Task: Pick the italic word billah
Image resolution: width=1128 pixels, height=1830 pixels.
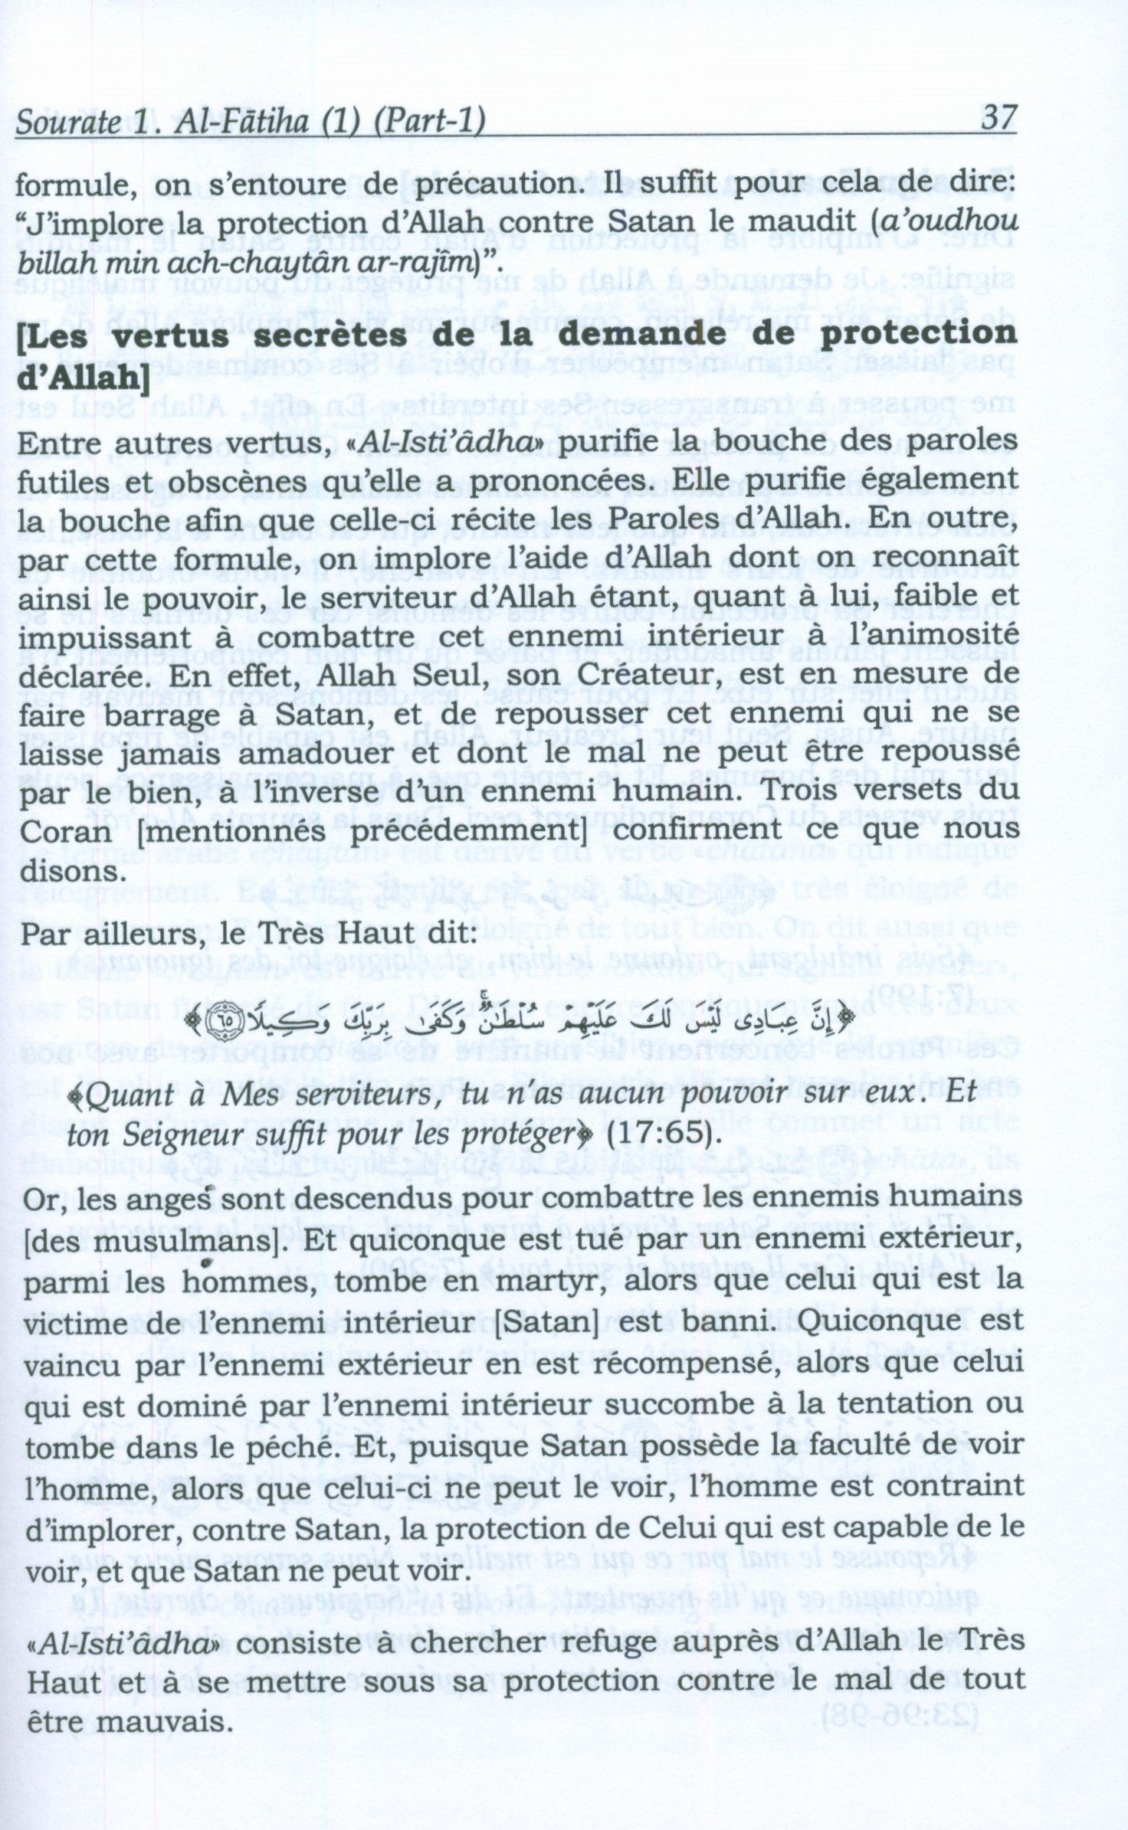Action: point(59,264)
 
